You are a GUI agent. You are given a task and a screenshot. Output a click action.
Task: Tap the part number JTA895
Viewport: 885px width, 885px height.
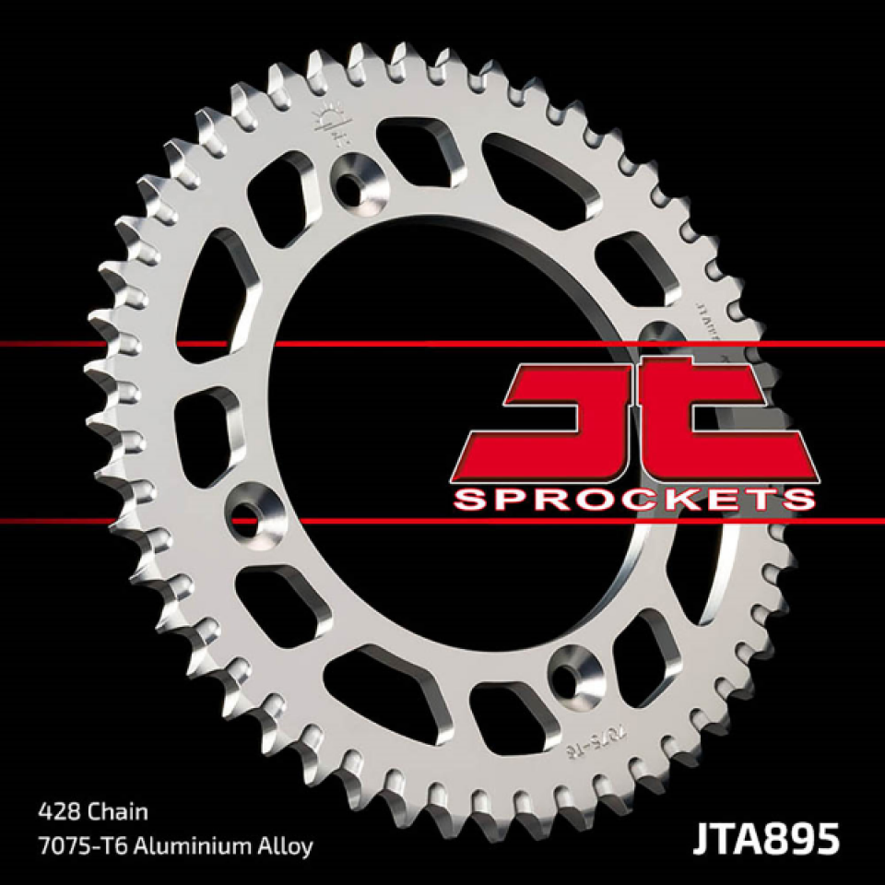762,842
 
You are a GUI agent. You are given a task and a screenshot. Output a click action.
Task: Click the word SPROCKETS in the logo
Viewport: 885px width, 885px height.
635,500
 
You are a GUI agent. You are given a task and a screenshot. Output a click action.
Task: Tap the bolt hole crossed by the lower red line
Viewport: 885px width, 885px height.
249,513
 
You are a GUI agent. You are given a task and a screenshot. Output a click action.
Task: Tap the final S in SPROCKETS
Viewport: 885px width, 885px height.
798,500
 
